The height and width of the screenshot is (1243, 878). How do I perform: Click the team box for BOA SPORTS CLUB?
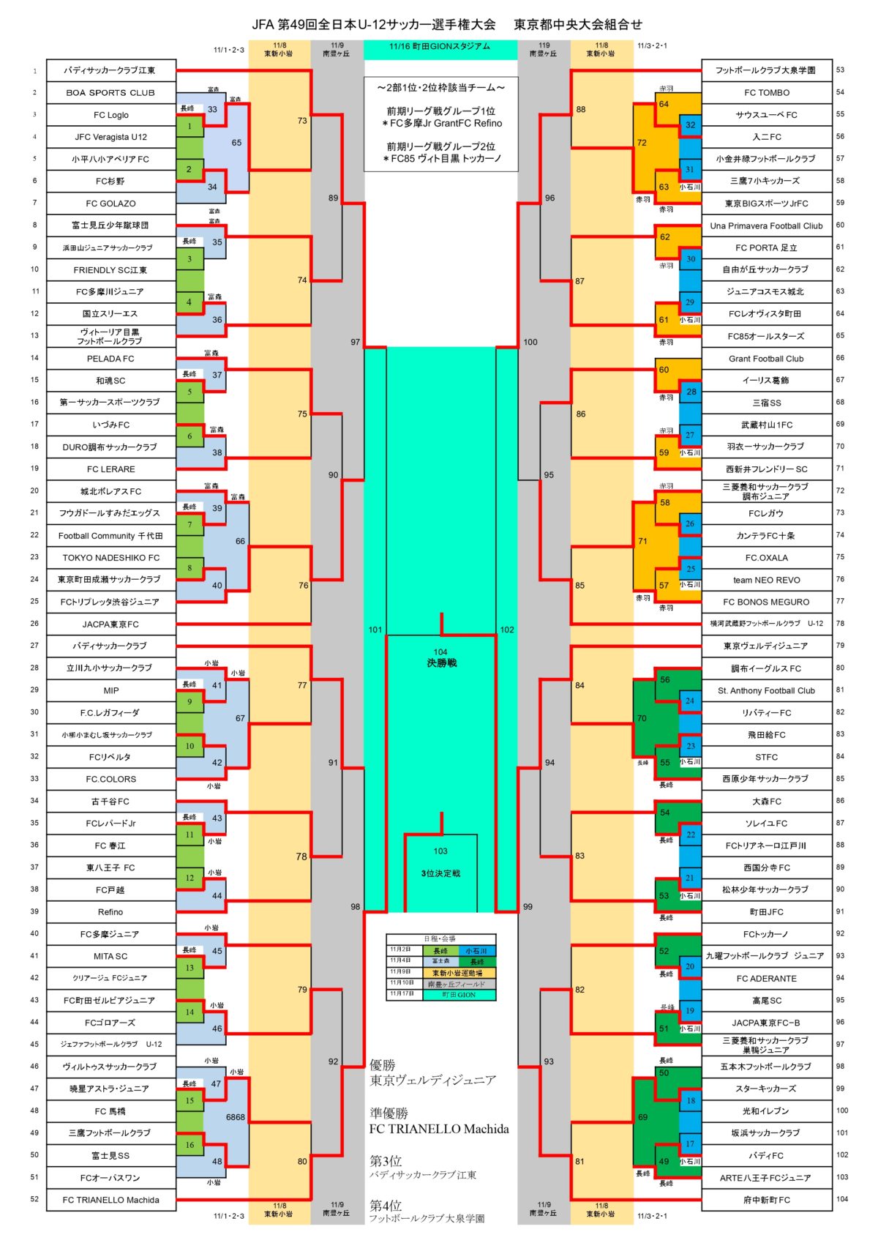[110, 93]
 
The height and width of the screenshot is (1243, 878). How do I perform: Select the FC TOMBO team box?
[766, 93]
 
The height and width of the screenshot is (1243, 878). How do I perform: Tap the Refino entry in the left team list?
[110, 912]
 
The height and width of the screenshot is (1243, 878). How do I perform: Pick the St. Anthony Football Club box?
[766, 690]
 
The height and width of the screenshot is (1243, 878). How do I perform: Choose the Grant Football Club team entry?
[766, 359]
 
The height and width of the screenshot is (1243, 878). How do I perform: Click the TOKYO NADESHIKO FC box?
[110, 558]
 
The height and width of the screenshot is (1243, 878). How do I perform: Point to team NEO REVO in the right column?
[766, 580]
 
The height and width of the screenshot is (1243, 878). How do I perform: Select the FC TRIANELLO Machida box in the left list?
[110, 1200]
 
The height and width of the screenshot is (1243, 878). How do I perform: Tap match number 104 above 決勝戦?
[440, 652]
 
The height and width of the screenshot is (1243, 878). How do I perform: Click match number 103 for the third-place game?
[440, 851]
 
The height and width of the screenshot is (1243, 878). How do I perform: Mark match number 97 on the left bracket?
[356, 342]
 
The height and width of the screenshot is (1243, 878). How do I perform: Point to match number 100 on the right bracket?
[530, 342]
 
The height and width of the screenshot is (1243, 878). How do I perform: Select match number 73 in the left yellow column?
[302, 121]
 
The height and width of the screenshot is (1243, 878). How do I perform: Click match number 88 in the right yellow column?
[581, 110]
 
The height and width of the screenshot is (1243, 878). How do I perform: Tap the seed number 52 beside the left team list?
[34, 1199]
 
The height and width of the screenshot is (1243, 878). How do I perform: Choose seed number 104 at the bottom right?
[842, 1199]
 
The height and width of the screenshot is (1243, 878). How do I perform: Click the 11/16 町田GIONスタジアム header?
[440, 47]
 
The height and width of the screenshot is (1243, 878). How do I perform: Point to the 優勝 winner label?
[383, 1065]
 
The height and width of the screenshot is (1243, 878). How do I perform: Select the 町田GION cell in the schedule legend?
[459, 995]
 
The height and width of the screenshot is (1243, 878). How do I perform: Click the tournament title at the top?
[446, 24]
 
